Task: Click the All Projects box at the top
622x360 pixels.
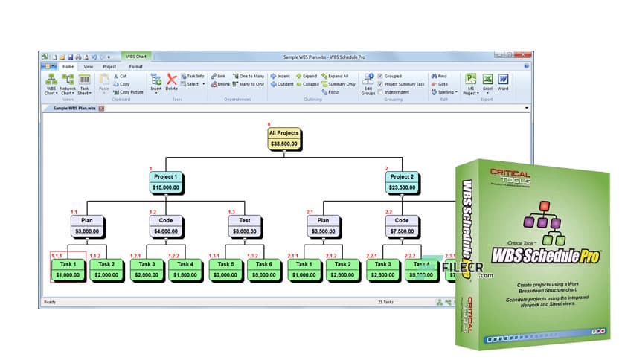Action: pos(283,138)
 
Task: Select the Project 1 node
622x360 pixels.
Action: pos(167,181)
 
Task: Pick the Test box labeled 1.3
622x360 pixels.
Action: pos(245,225)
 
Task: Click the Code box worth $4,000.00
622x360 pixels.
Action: pos(167,225)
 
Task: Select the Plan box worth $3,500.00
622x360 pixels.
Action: pos(322,225)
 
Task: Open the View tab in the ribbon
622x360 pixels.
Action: pos(89,66)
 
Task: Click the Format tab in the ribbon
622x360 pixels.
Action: pos(136,66)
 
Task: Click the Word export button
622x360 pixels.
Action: pos(504,81)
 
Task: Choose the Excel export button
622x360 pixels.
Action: pos(487,81)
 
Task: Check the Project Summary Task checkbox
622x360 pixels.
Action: pos(381,84)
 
